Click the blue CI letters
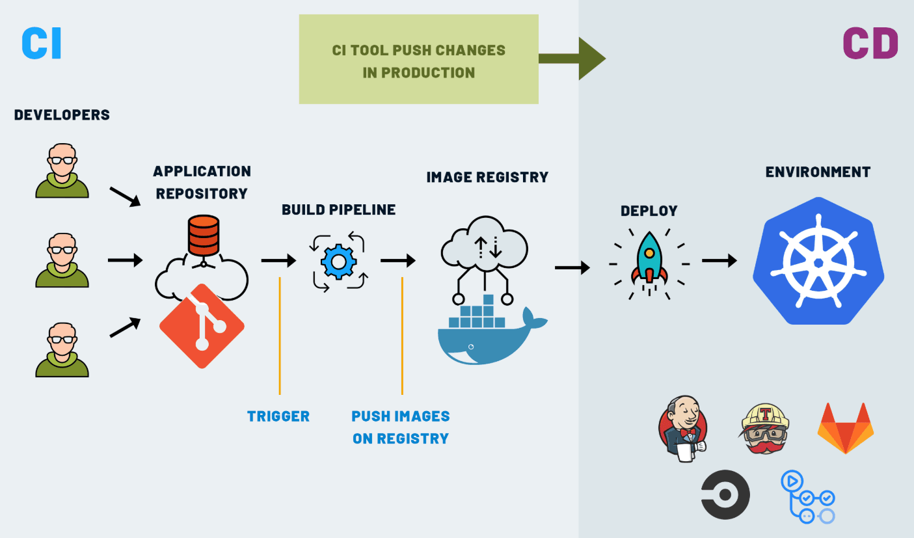pos(42,44)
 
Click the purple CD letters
pos(870,44)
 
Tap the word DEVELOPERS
pos(62,115)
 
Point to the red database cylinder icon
pos(203,235)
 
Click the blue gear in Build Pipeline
pos(338,262)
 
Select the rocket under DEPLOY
pos(649,260)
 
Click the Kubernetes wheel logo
pos(818,262)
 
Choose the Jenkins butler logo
pos(683,428)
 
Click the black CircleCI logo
pos(725,494)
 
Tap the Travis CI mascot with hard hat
pos(765,428)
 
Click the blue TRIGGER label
pos(278,416)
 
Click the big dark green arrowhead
pos(591,59)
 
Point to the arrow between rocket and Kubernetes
pos(719,261)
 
